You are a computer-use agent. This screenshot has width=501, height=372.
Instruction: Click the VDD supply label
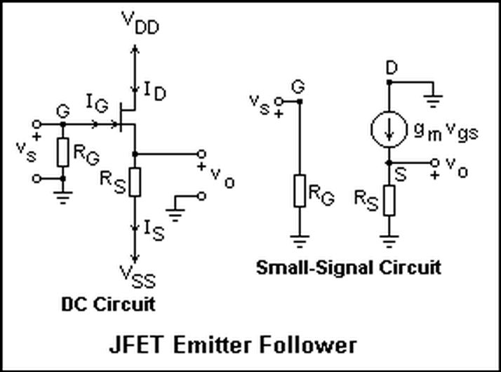[x=140, y=23]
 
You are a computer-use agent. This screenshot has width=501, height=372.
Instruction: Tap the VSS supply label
[x=138, y=277]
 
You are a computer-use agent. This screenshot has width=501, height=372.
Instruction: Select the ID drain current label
[x=155, y=91]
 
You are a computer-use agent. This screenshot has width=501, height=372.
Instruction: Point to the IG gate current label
[x=97, y=103]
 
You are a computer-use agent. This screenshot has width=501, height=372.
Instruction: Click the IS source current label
[x=154, y=230]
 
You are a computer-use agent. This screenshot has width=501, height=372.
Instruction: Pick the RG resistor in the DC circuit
[x=63, y=152]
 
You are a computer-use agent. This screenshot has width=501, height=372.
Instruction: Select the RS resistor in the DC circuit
[x=135, y=182]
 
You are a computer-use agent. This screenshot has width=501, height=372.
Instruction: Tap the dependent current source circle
[x=389, y=129]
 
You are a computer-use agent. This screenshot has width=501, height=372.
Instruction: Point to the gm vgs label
[x=446, y=133]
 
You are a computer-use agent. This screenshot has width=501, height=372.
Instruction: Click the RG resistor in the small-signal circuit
[x=300, y=191]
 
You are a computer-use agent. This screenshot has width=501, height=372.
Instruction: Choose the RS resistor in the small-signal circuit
[x=389, y=200]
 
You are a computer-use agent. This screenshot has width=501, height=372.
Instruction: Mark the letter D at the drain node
[x=392, y=68]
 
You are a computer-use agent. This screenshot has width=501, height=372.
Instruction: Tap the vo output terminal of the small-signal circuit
[x=434, y=163]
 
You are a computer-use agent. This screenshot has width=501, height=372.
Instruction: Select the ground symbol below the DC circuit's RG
[x=63, y=197]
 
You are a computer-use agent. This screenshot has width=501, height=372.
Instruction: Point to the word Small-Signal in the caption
[x=315, y=268]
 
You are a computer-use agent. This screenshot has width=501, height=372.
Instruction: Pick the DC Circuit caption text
[x=108, y=304]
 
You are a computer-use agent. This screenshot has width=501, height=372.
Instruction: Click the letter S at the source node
[x=401, y=175]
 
